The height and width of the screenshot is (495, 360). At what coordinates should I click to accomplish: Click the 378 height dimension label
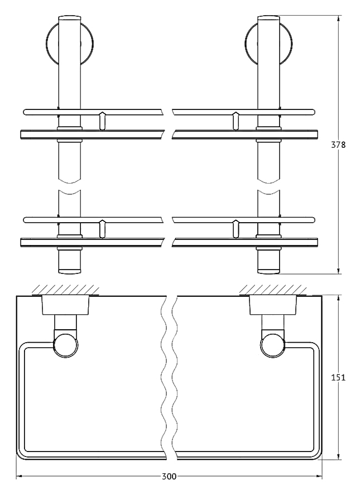pos(338,145)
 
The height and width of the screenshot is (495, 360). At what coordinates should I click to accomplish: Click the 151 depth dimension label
pos(338,377)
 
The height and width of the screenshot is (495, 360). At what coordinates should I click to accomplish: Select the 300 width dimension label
pos(169,477)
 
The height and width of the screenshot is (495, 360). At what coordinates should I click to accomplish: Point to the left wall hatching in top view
pos(65,290)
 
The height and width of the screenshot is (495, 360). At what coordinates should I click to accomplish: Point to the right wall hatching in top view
pos(273,290)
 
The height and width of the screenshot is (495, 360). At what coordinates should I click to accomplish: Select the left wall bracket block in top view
pos(66,305)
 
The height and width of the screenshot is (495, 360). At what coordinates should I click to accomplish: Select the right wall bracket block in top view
pos(273,305)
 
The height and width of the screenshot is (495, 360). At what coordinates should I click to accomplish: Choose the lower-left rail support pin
pos(102,229)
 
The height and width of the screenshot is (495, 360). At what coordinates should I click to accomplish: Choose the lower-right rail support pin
pos(236,229)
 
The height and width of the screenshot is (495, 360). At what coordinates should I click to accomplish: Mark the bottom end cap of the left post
pos(69,270)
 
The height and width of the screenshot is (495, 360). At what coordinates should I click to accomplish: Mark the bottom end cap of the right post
pos(268,270)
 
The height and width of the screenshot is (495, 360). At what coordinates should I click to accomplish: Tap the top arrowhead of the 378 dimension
pos(339,18)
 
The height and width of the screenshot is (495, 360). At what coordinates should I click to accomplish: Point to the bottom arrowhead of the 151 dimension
pos(339,456)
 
